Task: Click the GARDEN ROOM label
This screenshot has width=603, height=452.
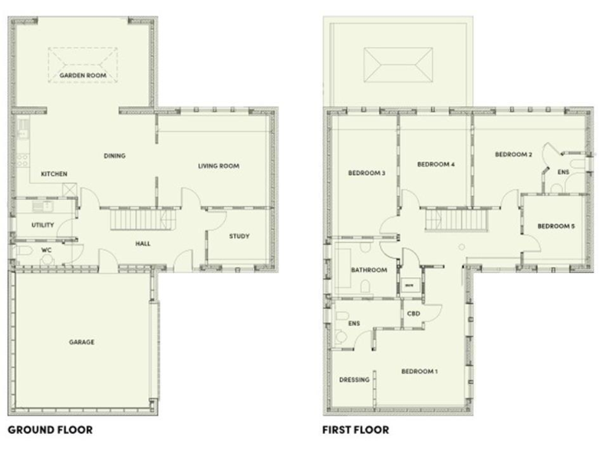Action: pos(82,76)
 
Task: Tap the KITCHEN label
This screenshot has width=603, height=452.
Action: pos(53,173)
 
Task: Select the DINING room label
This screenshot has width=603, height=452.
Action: pos(115,155)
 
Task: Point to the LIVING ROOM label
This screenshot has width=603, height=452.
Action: pos(218,166)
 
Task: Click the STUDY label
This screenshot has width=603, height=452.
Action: pos(239,235)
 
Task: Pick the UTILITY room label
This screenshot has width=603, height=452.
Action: pos(42,224)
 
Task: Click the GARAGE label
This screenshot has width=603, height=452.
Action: pos(82,342)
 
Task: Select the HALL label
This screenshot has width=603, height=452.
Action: pos(143,243)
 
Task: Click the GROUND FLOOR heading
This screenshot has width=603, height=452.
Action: pos(50,430)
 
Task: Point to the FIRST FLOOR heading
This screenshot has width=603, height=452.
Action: pos(356,430)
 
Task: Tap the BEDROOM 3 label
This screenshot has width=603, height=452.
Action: pos(367,173)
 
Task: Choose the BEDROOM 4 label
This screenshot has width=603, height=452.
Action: pos(436,164)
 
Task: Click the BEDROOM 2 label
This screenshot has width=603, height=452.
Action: pos(513,155)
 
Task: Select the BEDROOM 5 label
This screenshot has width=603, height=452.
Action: pos(556,226)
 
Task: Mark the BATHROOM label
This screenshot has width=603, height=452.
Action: pos(369,270)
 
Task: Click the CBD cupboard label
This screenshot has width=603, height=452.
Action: pos(413,314)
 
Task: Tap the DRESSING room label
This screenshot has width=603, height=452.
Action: pos(354,380)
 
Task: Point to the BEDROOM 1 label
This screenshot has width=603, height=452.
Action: pos(420,371)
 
